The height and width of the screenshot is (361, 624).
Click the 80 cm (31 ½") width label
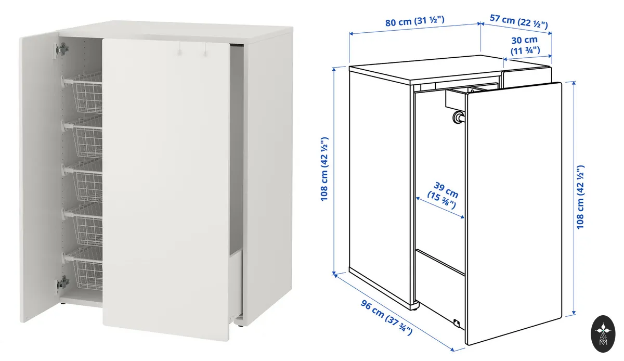point(415,21)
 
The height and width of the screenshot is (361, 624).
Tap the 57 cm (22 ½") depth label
point(519,21)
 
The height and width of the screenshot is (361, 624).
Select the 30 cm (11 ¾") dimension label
point(525,45)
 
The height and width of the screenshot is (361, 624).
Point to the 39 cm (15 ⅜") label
point(443,195)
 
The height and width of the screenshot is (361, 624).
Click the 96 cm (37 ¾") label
point(386,317)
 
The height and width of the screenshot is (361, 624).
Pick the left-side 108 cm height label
point(324,169)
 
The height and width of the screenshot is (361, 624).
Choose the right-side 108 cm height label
point(580,197)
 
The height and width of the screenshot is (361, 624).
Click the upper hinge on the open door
point(62,49)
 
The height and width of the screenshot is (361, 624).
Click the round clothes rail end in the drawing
point(458,116)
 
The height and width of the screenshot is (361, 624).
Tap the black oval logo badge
point(603,333)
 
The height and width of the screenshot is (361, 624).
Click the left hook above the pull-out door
point(180,49)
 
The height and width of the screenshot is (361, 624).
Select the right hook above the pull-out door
point(205,50)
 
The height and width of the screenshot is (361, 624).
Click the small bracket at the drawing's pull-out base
point(457,323)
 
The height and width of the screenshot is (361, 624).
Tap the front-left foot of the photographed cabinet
point(63,303)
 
